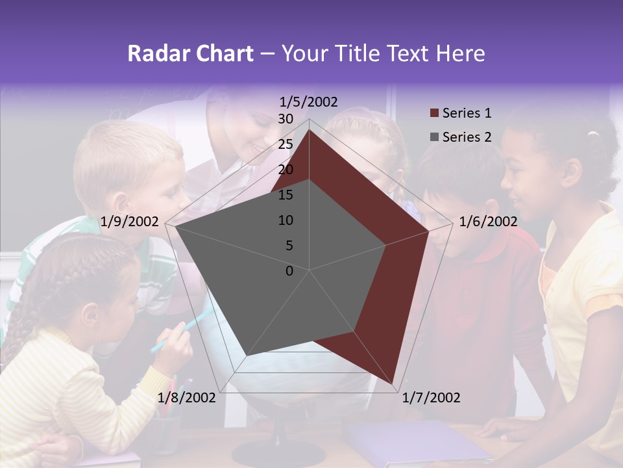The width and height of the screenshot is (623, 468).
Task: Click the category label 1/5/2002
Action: click(x=308, y=101)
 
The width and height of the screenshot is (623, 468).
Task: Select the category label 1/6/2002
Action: click(x=488, y=222)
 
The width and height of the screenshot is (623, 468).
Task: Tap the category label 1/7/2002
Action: click(x=431, y=398)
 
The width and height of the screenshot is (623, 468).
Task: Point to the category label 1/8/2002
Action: click(x=186, y=398)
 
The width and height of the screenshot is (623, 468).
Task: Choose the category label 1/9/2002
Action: click(x=130, y=222)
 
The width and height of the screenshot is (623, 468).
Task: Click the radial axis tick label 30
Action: click(x=285, y=119)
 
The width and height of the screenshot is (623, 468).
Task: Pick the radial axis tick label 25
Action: click(x=285, y=144)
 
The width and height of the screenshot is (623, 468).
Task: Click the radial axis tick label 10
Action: click(x=285, y=220)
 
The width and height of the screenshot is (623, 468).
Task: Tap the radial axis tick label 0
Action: click(x=289, y=271)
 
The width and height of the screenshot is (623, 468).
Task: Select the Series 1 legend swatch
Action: click(x=434, y=114)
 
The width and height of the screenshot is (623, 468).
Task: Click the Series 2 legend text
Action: click(x=467, y=137)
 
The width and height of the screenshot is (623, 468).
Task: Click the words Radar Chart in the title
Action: click(x=190, y=53)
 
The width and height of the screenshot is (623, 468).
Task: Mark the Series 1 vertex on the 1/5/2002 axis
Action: click(x=309, y=129)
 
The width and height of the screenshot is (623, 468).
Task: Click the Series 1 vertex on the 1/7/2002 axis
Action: click(x=393, y=384)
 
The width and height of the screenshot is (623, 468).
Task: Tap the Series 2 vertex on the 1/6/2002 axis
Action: click(x=385, y=245)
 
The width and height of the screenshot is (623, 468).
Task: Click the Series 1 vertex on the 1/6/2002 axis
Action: click(x=428, y=231)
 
